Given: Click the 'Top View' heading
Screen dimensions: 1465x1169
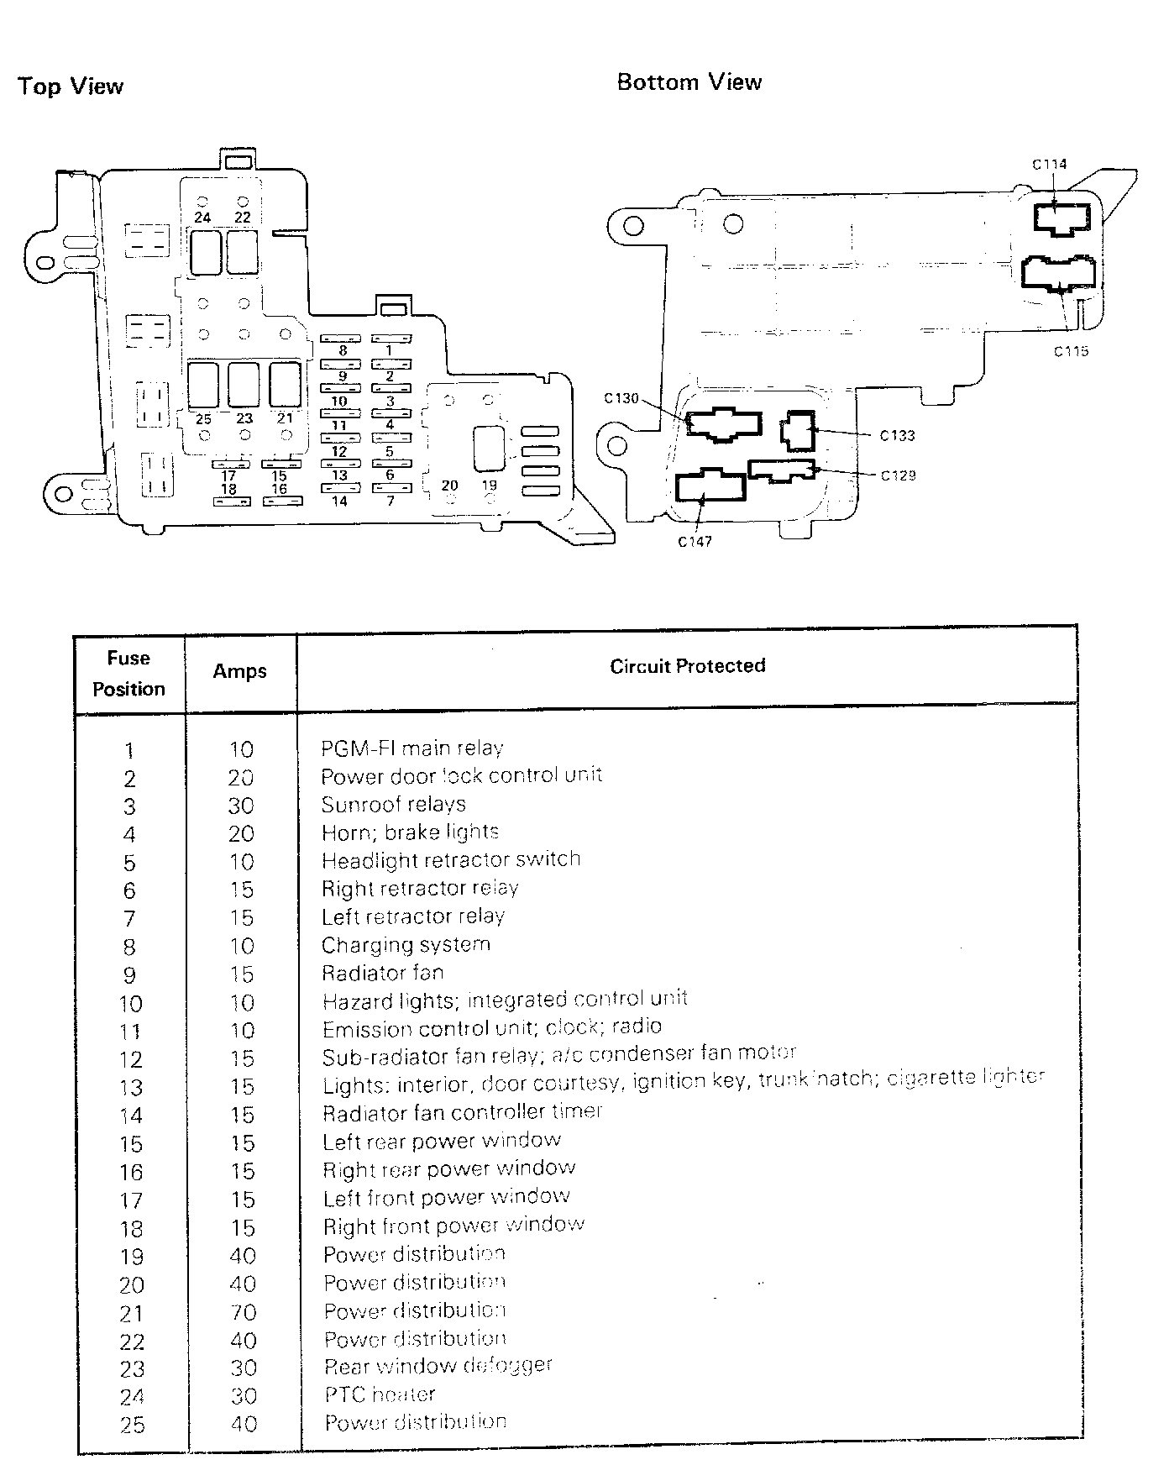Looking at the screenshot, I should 71,87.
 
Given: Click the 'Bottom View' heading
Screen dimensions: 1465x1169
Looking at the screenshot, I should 689,82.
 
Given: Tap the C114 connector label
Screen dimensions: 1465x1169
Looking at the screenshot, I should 1049,165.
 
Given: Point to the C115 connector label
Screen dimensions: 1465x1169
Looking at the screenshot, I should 1071,351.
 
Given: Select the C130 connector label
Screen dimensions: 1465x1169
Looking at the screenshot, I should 621,398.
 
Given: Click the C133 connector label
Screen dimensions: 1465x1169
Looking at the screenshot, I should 897,435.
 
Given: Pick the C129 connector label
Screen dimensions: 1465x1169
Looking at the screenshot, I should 898,475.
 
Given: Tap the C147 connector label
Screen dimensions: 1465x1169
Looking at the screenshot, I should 695,542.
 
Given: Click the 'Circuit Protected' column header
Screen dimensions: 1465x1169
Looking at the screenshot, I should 687,666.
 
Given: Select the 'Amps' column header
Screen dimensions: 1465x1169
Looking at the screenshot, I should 239,671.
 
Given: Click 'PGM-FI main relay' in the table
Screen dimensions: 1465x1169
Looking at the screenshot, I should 412,748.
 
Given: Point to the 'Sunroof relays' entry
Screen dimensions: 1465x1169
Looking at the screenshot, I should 393,804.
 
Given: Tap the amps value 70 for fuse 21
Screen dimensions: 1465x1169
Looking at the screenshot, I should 242,1312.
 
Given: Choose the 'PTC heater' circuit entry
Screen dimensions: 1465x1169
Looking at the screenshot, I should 380,1394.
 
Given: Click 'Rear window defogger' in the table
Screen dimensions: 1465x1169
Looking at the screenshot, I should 438,1366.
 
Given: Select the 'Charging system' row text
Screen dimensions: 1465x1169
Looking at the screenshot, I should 406,944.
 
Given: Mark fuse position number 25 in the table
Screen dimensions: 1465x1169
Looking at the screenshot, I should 132,1425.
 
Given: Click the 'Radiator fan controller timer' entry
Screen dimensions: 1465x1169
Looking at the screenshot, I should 463,1112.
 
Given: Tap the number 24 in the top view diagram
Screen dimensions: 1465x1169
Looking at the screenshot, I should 202,218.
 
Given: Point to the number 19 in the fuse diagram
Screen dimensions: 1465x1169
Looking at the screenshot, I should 490,485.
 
